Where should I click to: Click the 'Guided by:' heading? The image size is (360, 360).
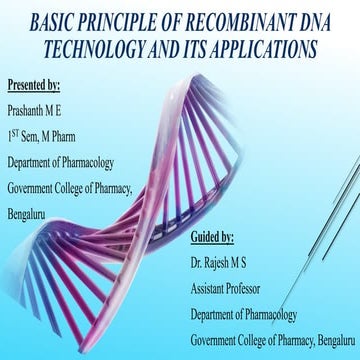(212, 239)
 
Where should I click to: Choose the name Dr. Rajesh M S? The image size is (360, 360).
(227, 265)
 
